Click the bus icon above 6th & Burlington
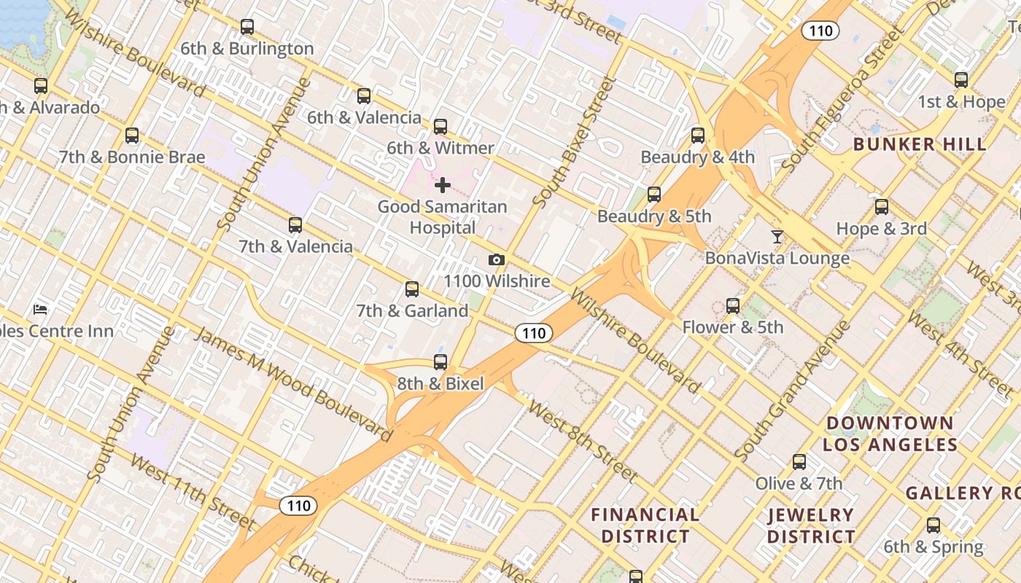click(247, 27)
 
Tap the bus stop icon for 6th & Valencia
click(364, 96)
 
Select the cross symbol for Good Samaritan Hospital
click(442, 185)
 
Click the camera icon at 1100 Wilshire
click(496, 260)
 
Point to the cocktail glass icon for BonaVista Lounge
click(777, 237)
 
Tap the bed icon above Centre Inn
click(41, 310)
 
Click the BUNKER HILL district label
click(920, 144)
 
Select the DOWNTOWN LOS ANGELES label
click(890, 434)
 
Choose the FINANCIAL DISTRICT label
click(645, 525)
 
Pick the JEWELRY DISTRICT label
click(810, 525)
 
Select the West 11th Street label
click(193, 492)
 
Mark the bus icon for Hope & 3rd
click(882, 207)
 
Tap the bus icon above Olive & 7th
click(799, 462)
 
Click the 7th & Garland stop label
click(412, 310)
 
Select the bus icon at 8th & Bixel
click(440, 362)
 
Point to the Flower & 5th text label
click(732, 327)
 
